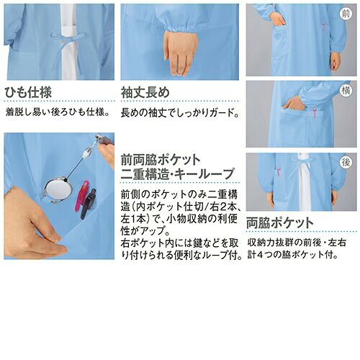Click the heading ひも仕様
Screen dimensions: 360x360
pos(28,92)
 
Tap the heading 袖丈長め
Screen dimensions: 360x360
pos(145,92)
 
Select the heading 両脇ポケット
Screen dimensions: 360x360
pos(280,222)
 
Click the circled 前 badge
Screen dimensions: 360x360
pos(346,14)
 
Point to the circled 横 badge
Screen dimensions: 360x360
pos(346,91)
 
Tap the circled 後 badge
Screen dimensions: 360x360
pos(346,163)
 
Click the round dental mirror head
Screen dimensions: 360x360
pos(58,189)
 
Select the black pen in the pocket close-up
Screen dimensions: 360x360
pos(88,204)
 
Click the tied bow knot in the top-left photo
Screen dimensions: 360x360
pos(68,37)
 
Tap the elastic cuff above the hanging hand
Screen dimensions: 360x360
pos(179,27)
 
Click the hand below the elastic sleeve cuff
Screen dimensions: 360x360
pos(181,53)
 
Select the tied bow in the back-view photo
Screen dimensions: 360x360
pos(300,163)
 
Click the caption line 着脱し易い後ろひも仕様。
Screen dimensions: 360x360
pos(58,112)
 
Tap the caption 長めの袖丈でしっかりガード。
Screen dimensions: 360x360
pos(180,112)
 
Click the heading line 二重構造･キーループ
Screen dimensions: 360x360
pos(177,174)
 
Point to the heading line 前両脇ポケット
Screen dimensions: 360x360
pos(161,161)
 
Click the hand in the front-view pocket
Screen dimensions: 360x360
pos(277,19)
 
